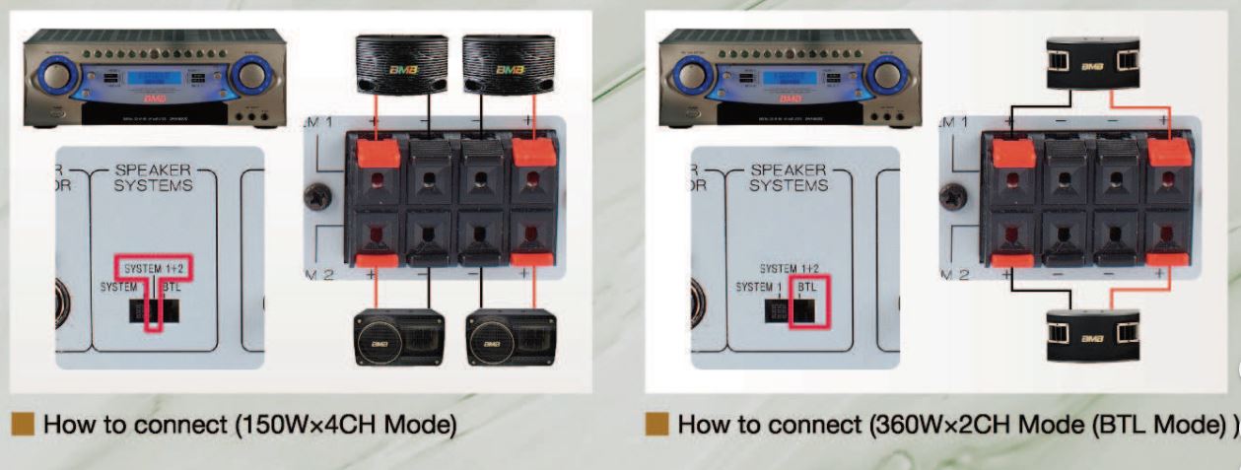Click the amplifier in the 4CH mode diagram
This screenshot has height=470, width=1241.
[x=153, y=80]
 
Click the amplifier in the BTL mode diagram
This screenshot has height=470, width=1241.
[x=788, y=80]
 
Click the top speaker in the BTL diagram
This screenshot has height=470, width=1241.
[x=1089, y=63]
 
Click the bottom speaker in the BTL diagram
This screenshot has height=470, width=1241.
[x=1089, y=335]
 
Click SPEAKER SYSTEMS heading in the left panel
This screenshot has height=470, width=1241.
[x=154, y=176]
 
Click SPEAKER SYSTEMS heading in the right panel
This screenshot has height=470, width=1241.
[x=789, y=176]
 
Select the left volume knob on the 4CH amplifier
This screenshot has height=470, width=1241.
[x=58, y=74]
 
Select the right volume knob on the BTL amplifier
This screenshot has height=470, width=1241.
[x=886, y=74]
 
